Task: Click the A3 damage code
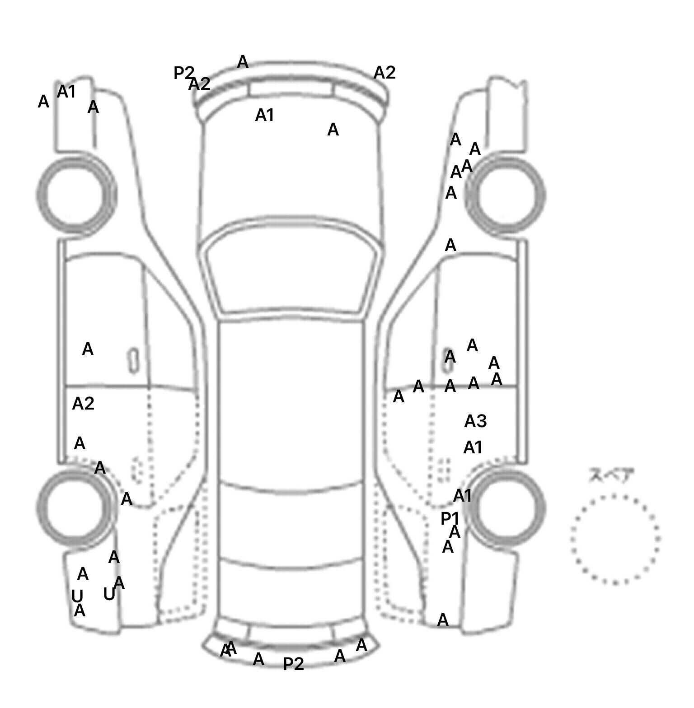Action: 475,421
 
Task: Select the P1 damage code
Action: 450,519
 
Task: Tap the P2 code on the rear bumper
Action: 293,664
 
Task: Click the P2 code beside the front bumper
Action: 184,73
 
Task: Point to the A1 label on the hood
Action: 265,116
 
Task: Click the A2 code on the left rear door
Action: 83,404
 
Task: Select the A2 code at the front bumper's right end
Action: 385,73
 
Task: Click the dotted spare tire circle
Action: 615,539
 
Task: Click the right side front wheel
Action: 506,195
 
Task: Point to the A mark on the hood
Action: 333,130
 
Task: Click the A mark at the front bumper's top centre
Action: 243,62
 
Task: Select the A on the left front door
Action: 88,349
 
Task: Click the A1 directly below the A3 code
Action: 473,448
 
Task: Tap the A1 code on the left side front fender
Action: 66,92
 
